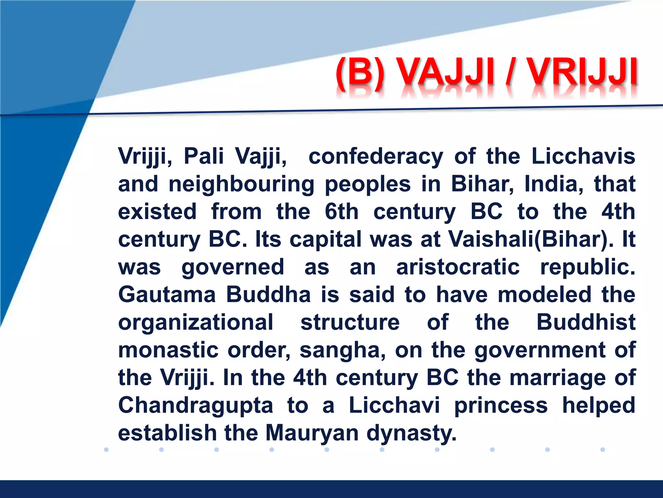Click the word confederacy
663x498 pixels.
click(376, 157)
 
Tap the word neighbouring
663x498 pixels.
click(242, 184)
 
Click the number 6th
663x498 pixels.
click(342, 212)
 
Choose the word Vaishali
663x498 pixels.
click(490, 239)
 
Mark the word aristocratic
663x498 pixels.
click(458, 267)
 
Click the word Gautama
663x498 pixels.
click(167, 295)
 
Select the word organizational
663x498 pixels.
click(196, 323)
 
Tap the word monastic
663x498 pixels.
click(168, 350)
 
